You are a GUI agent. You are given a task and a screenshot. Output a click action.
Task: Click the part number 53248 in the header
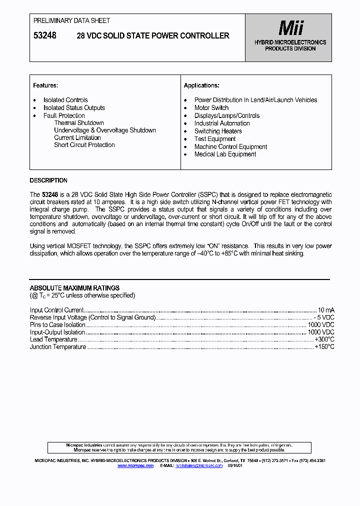pos(44,35)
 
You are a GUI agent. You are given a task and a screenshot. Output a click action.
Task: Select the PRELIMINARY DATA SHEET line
pos(71,20)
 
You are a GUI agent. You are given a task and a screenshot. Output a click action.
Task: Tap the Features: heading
pos(45,85)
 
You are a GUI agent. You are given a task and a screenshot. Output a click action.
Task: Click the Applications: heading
pos(201,85)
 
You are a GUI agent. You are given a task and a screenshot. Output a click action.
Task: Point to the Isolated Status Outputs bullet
pos(74,107)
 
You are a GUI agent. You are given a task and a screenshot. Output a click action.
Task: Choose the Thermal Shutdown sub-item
pos(79,123)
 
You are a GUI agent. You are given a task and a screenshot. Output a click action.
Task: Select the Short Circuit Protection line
pos(84,145)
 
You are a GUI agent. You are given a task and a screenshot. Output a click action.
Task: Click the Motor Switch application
pos(211,107)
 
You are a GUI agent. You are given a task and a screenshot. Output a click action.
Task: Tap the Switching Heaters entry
pos(218,131)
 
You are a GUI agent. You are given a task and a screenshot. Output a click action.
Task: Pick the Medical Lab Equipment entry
pos(225,154)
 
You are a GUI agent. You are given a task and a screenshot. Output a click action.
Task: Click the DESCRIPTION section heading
pos(48,180)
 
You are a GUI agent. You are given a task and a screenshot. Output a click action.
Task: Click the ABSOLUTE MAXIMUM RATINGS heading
pos(74,288)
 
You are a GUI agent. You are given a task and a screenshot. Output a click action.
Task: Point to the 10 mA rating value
pos(326,310)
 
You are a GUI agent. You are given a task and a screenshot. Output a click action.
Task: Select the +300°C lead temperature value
pos(324,339)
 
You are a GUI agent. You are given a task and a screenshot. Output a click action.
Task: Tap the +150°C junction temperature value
pos(324,347)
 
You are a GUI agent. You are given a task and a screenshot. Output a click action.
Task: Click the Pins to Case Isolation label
pos(57,325)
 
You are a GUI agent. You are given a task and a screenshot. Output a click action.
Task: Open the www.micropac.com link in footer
pos(135,465)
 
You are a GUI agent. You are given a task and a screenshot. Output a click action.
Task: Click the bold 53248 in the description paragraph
pos(50,195)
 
